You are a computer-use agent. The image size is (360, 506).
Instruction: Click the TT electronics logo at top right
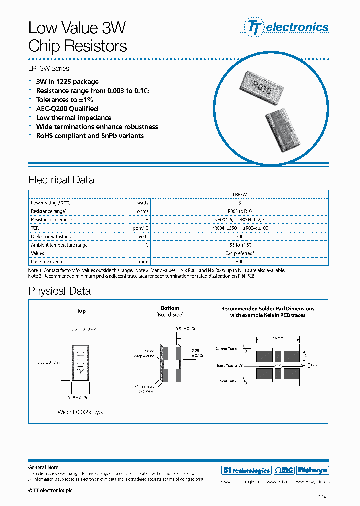pos(286,27)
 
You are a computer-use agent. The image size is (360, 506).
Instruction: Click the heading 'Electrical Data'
pos(61,180)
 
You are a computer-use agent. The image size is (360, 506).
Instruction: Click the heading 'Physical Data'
pos(59,291)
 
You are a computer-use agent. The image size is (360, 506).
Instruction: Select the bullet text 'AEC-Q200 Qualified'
pos(67,109)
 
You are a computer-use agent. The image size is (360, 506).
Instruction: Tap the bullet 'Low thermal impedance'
pos(74,118)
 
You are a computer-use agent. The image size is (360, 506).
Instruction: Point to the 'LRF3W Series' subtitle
pos(49,68)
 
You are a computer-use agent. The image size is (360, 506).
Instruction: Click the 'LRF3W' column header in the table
pos(240,195)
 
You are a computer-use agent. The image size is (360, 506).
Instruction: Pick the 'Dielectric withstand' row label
pos(51,236)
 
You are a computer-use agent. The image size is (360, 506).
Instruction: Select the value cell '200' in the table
pos(240,236)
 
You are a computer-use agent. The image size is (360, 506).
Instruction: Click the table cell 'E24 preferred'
pos(240,253)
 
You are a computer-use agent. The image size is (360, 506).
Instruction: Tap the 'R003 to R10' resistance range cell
pos(240,211)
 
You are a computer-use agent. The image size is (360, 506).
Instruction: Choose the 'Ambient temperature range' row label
pos(59,245)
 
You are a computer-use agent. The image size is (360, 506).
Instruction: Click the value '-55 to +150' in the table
pos(240,245)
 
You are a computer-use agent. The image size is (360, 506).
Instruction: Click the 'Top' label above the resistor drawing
pos(81,311)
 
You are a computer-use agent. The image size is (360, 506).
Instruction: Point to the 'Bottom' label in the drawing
pos(170,308)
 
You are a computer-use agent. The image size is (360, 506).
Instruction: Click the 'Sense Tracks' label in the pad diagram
pos(226,365)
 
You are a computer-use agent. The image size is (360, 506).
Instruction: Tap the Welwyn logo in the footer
pos(313,470)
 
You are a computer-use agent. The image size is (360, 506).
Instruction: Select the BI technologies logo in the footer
pos(246,470)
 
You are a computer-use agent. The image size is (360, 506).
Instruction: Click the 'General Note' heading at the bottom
pos(43,467)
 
